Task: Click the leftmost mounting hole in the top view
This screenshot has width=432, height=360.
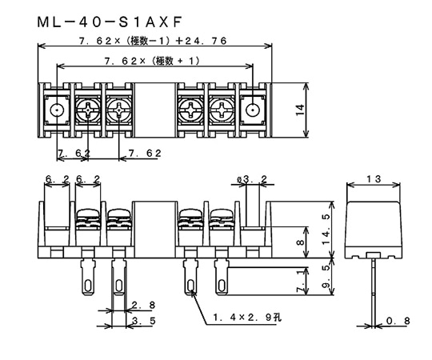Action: pos(57,110)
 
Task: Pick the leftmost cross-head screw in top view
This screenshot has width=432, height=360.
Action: pos(88,110)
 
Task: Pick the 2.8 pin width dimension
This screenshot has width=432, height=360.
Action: pos(141,305)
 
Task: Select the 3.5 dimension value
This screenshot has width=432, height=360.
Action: pos(141,321)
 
